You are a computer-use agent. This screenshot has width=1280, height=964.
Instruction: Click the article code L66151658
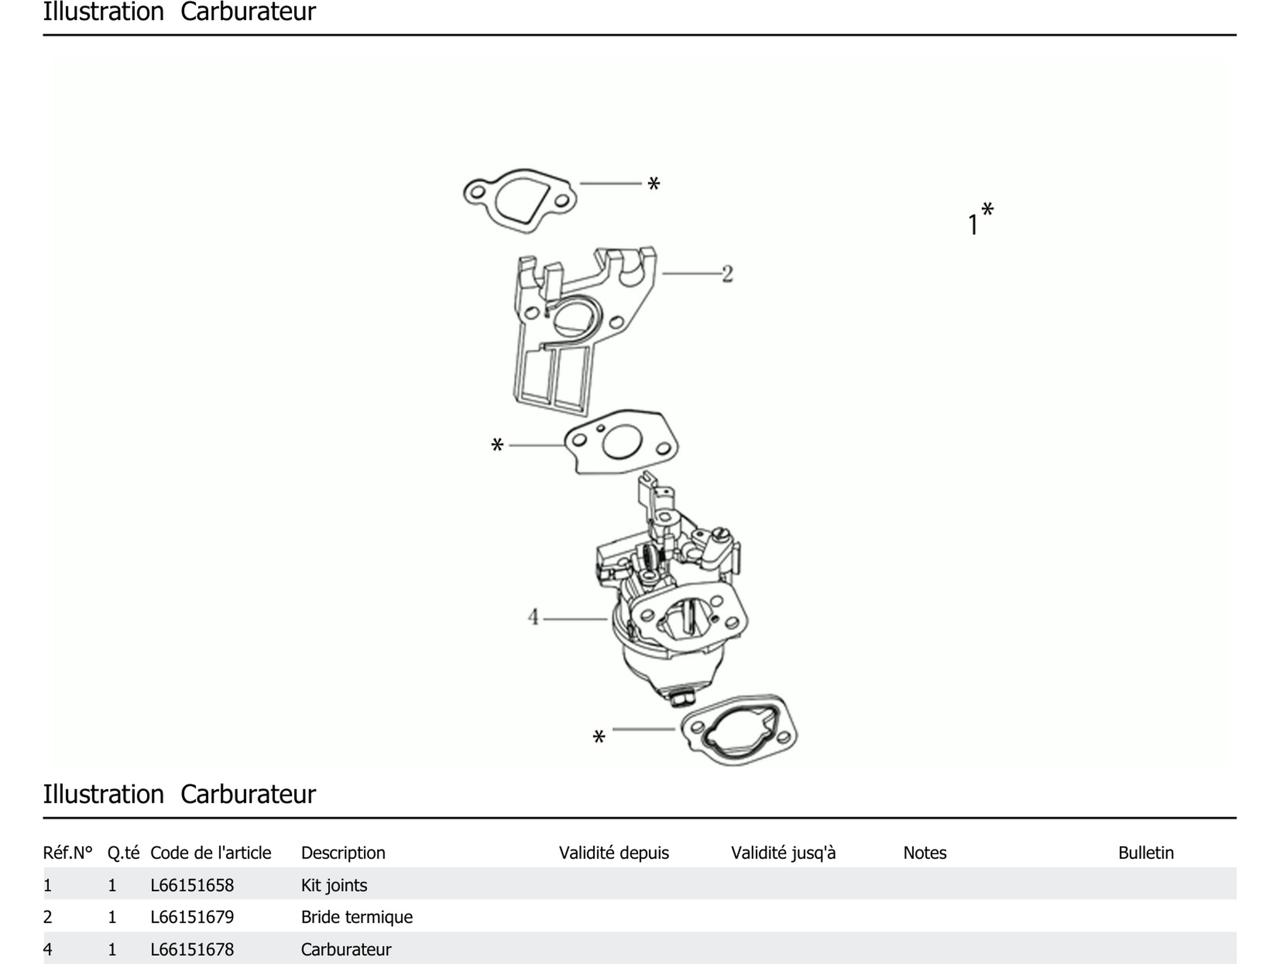[192, 885]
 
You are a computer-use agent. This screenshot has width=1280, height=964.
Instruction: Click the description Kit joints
[334, 885]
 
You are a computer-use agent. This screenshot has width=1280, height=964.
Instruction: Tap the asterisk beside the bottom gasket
[599, 737]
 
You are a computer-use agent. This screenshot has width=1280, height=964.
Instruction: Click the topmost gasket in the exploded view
[520, 201]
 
